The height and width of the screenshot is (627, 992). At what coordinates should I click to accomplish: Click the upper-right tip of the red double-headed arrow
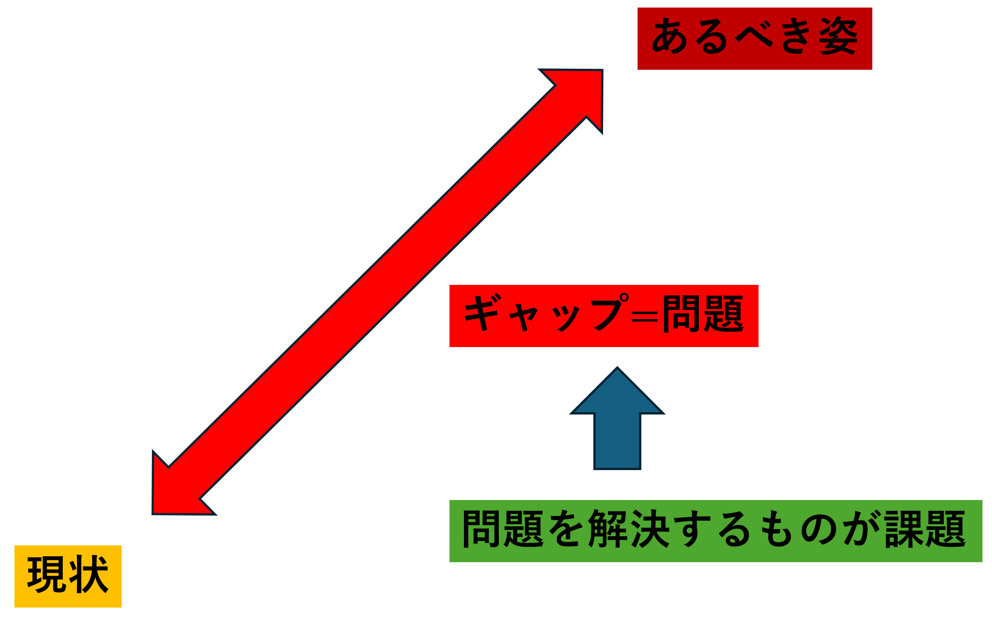click(x=602, y=70)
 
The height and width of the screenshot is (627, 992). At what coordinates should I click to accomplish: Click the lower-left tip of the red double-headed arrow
click(x=153, y=514)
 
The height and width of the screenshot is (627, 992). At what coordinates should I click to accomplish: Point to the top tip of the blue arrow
click(x=617, y=367)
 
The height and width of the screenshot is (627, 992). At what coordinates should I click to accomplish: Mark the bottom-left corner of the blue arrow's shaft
click(x=594, y=469)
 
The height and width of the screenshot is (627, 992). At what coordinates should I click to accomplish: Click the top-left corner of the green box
click(x=449, y=500)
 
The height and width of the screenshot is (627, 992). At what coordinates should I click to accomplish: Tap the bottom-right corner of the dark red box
click(x=872, y=70)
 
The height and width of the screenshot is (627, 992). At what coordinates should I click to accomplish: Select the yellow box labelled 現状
click(x=68, y=576)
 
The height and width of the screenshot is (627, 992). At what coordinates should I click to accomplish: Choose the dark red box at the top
click(x=755, y=38)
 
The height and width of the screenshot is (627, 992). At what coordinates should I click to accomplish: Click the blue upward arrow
click(x=617, y=418)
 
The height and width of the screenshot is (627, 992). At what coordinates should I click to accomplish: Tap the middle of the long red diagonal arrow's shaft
click(x=377, y=292)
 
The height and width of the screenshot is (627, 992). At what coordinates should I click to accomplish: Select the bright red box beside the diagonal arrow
click(x=604, y=316)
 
